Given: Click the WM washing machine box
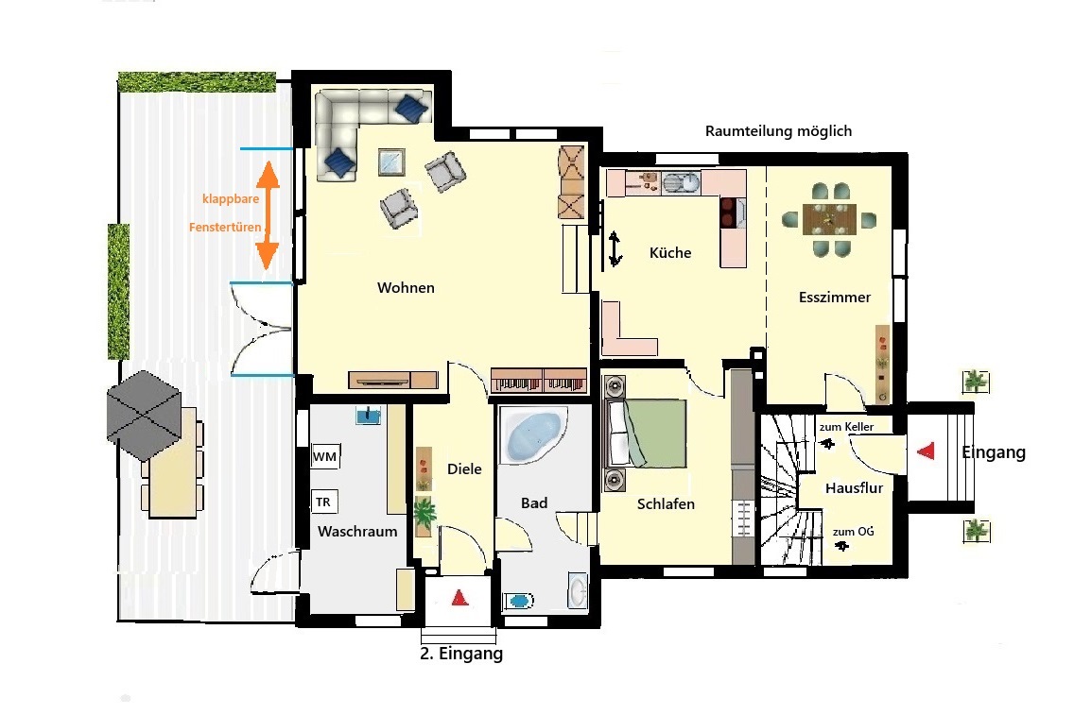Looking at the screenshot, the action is tap(325, 456).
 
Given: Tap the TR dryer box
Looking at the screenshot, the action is tap(324, 502).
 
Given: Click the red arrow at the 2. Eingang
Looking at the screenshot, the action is tap(459, 597).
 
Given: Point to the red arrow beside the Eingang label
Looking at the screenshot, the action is tap(927, 451).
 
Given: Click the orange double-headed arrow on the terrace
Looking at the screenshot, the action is tap(268, 215).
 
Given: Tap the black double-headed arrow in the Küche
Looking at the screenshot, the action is tap(615, 248).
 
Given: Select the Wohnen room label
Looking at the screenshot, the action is tap(406, 287).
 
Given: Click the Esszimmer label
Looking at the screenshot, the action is tap(834, 297).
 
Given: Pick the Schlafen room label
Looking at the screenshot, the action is tap(666, 504).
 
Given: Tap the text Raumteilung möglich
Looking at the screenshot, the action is tap(779, 130).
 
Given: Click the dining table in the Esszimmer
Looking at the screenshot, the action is tap(829, 219).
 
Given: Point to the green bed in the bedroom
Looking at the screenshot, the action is tap(648, 434).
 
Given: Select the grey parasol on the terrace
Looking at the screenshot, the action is tap(144, 416).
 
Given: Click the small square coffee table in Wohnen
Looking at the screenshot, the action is tap(391, 162).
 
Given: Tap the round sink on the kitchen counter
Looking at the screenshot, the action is tap(681, 183).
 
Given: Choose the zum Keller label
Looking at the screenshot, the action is tap(846, 427).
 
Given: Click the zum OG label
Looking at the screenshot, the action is tap(854, 532).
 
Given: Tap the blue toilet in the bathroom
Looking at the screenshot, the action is tap(518, 601).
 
